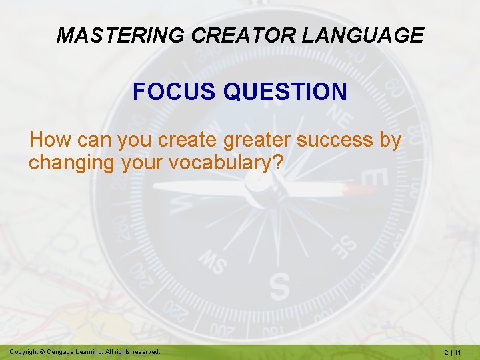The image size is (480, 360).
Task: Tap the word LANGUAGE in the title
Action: (362, 35)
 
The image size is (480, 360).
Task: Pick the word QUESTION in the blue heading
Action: (285, 91)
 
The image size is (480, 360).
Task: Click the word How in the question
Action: (46, 140)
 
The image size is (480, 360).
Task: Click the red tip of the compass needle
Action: (361, 191)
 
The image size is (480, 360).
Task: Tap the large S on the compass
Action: (279, 286)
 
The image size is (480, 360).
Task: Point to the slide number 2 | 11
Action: (456, 351)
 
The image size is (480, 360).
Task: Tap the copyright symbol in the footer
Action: (41, 351)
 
